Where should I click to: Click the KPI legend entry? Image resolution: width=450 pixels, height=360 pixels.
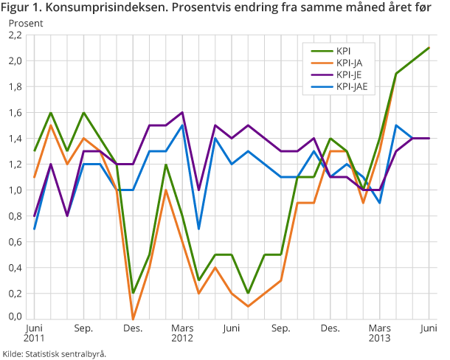point(343,51)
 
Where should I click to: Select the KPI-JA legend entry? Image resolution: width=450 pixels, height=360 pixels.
point(348,63)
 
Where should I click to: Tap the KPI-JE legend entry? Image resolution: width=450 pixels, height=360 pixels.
point(348,75)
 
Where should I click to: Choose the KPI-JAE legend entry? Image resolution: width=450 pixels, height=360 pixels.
point(351,86)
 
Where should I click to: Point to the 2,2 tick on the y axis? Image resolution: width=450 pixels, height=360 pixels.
point(15,35)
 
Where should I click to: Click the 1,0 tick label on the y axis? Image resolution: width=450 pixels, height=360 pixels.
point(15,190)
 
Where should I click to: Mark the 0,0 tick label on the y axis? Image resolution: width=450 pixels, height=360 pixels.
point(15,317)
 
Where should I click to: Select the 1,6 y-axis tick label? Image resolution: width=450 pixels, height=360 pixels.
point(15,112)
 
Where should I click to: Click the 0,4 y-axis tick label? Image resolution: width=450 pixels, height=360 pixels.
point(15,267)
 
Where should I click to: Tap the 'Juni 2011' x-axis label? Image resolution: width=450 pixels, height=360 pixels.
point(34,333)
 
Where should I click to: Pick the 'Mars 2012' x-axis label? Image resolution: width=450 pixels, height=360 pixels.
point(181,333)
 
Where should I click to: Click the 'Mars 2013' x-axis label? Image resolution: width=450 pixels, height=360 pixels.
point(379,333)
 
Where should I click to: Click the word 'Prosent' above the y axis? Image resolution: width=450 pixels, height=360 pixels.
point(26,23)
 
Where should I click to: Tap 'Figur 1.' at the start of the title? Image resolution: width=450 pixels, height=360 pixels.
point(21,7)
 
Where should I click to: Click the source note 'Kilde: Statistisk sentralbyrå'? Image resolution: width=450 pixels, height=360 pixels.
point(55,353)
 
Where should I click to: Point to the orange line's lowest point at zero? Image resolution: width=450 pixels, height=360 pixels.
point(133,319)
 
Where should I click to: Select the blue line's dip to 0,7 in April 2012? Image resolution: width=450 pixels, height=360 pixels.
point(199,229)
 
